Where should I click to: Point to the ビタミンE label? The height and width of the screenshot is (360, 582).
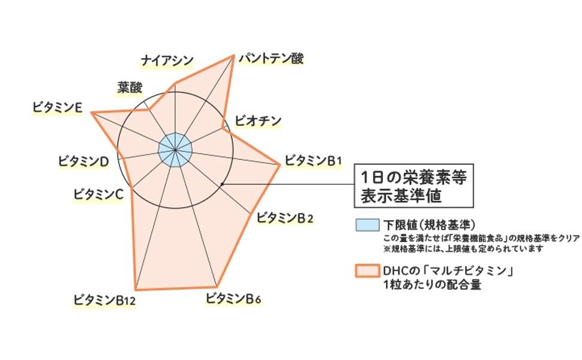tap(58, 107)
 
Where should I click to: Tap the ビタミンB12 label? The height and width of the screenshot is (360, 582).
tap(104, 299)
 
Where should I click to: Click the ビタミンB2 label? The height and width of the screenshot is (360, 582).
tap(285, 218)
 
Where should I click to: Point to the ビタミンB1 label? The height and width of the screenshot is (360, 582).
tap(313, 160)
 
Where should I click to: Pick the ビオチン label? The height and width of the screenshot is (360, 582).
tap(258, 121)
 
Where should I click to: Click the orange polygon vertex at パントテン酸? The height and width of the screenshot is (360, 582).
tap(233, 56)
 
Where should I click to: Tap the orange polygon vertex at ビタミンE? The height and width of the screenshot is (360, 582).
tap(91, 112)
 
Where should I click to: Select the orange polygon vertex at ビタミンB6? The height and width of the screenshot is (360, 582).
tap(217, 286)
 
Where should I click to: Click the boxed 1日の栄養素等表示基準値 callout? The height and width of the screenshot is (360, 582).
tap(414, 186)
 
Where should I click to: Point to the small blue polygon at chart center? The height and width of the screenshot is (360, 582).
tap(175, 150)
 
